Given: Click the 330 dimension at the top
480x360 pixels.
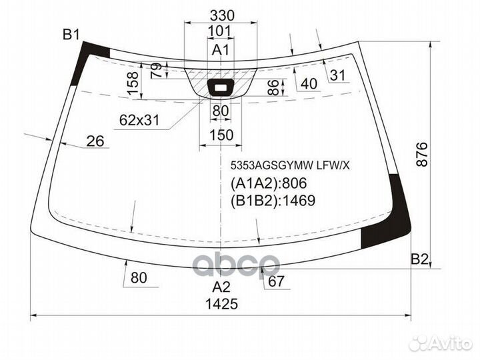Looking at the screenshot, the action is click(x=222, y=15).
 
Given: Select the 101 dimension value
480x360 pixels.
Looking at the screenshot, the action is click(x=220, y=31).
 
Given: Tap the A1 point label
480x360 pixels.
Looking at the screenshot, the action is click(x=221, y=49).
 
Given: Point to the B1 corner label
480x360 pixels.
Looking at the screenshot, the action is click(x=71, y=35).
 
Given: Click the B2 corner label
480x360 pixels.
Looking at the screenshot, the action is click(x=419, y=259).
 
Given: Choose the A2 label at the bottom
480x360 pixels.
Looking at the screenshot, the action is click(x=221, y=287).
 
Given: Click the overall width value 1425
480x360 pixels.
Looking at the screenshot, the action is click(x=221, y=304).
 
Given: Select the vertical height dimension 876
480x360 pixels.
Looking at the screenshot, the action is click(x=422, y=154).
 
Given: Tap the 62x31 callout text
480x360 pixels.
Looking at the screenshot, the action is click(x=139, y=120).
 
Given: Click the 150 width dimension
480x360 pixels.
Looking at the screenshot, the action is click(x=221, y=135).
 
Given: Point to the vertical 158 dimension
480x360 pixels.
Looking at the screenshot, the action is click(x=133, y=83).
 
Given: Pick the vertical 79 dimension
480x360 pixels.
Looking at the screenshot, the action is click(x=157, y=71).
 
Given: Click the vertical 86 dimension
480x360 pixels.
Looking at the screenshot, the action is click(x=273, y=87).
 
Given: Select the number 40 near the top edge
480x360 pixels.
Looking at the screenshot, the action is click(x=309, y=83).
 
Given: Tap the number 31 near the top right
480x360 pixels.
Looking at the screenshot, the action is click(x=338, y=75).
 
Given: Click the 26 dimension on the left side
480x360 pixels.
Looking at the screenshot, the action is click(x=95, y=141).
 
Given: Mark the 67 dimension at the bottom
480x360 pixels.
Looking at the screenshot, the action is click(x=276, y=281).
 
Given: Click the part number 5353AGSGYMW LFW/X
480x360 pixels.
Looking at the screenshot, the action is click(x=290, y=165).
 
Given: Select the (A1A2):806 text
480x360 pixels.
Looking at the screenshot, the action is click(x=269, y=183).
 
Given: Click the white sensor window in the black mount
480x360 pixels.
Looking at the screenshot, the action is click(x=221, y=88).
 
